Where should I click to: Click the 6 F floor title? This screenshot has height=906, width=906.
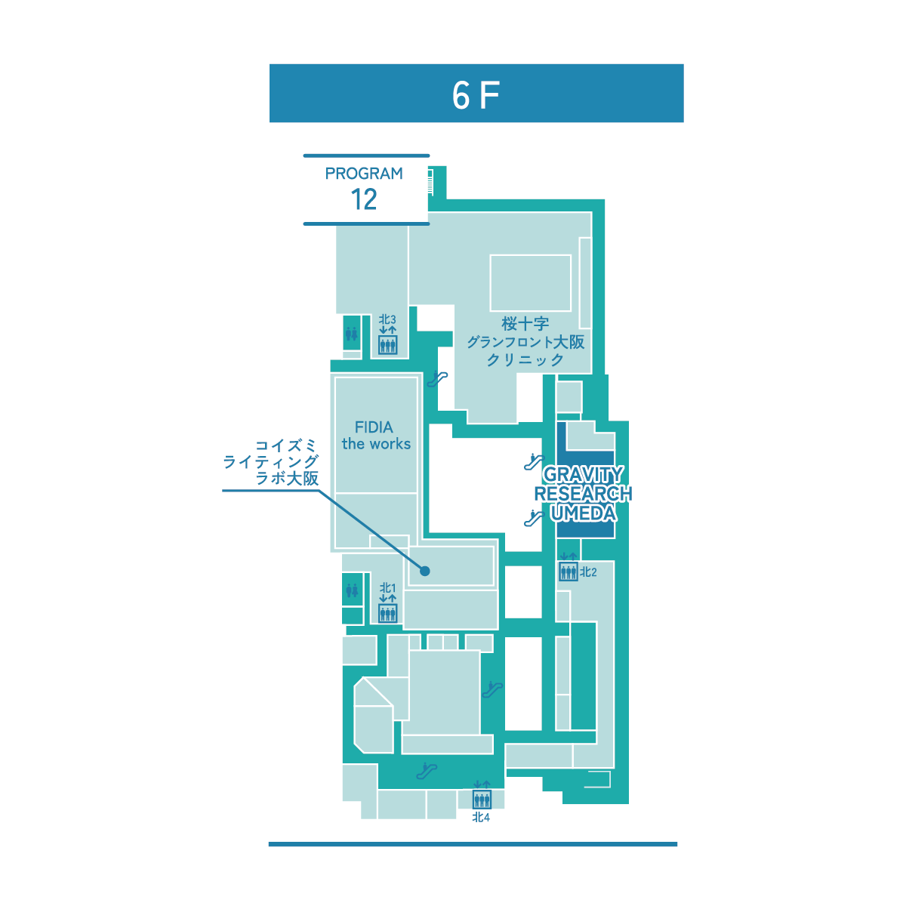(476, 95)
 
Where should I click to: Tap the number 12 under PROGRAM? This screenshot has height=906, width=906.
(364, 199)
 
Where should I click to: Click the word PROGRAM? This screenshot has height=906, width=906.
(364, 174)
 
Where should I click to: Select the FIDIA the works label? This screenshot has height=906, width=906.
(376, 436)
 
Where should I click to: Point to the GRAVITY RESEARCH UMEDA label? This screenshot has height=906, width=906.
(583, 494)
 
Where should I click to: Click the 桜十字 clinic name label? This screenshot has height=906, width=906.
(525, 341)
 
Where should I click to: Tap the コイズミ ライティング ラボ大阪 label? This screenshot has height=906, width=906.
(271, 463)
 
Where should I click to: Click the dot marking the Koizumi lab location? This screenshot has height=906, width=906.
(425, 571)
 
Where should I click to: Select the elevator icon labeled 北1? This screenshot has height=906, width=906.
(388, 613)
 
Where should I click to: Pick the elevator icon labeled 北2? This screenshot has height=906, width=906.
(568, 572)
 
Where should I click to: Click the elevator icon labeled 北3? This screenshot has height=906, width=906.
(388, 345)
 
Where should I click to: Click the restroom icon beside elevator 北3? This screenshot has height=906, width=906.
(352, 334)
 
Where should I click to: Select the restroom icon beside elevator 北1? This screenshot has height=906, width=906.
(352, 590)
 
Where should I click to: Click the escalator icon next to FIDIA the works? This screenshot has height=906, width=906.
(437, 378)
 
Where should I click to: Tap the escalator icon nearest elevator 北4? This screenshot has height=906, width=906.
(427, 770)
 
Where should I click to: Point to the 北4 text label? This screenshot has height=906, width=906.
(481, 818)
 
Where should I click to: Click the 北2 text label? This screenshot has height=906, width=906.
(588, 572)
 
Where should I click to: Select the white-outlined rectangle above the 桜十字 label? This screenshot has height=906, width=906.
(530, 283)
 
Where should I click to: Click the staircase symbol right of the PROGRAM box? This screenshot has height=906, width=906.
(430, 182)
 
